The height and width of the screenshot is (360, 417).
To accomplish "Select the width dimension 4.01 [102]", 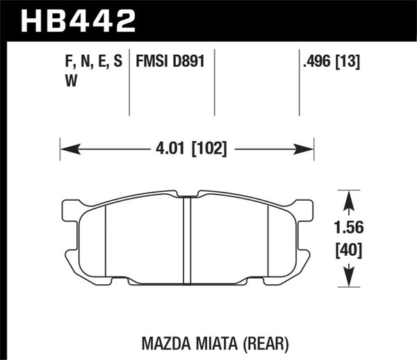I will click(188, 148).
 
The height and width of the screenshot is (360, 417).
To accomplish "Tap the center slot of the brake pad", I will click(186, 240).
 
